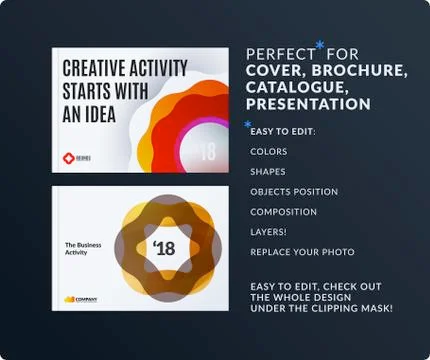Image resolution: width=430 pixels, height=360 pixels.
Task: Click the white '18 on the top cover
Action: tap(207, 153)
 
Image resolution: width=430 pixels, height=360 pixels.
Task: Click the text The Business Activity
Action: tap(87, 249)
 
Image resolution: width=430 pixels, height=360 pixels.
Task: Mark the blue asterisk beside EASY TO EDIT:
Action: tap(247, 124)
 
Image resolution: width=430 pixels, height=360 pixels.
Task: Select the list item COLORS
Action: tap(269, 152)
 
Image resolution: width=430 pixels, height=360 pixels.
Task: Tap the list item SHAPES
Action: tap(268, 172)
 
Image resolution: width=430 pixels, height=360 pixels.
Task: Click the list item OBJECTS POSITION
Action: tap(294, 192)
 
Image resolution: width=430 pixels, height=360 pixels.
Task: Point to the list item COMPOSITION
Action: tap(283, 212)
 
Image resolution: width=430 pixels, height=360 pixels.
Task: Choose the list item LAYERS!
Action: tap(269, 232)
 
